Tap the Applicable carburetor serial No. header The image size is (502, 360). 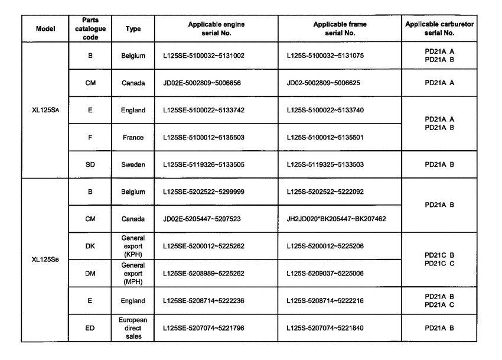coord(439,28)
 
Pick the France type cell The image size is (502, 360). coord(133,138)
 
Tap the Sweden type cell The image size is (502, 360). coord(133,165)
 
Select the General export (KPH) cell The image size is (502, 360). coord(133,246)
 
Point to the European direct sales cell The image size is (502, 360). coord(133,328)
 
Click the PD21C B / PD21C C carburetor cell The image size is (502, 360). coord(439,260)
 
